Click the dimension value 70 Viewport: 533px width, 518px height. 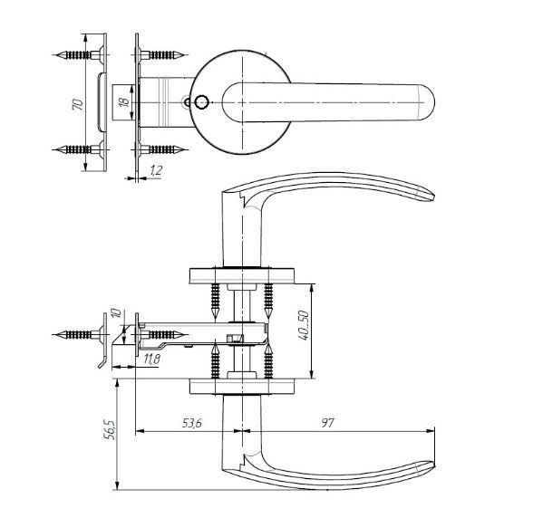(x=78, y=104)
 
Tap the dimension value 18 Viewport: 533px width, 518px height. (x=125, y=101)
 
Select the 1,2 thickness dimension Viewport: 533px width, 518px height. (x=156, y=171)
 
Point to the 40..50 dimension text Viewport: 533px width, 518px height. (x=303, y=325)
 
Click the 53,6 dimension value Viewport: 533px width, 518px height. (x=192, y=423)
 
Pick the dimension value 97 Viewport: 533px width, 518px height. (x=328, y=423)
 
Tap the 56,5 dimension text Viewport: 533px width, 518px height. (x=111, y=429)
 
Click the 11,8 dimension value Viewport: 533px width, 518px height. (x=151, y=359)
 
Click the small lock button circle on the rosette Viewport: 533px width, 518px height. (x=201, y=102)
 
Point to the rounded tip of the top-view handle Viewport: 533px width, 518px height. (x=428, y=102)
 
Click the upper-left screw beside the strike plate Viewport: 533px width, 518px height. (x=79, y=54)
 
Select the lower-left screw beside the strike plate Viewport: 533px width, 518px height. (x=79, y=149)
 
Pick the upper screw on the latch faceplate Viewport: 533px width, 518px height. (x=161, y=54)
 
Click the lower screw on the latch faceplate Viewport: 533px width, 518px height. (x=161, y=149)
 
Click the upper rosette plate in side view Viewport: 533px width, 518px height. (x=242, y=276)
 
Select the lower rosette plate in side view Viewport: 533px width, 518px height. (x=242, y=387)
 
